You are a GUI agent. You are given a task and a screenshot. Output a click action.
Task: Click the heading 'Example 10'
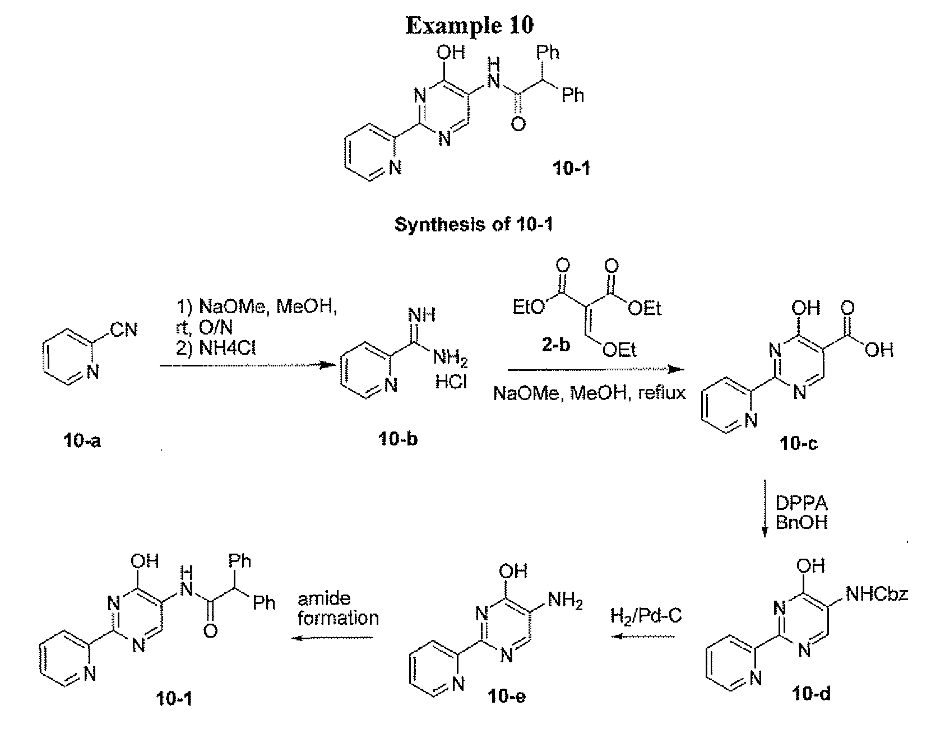click(470, 26)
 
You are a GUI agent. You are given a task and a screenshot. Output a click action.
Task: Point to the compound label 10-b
click(397, 439)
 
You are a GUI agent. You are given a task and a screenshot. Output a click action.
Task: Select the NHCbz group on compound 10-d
click(877, 594)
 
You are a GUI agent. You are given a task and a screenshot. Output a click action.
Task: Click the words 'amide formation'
click(338, 609)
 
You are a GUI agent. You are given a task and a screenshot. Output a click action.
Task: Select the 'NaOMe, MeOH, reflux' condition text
click(590, 393)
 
